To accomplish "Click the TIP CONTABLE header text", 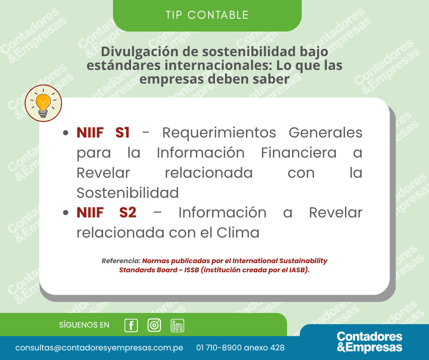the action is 207,15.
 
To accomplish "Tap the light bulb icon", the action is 43,103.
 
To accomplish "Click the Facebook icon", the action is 131,325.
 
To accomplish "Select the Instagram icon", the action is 154,325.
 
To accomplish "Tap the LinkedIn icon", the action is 177,325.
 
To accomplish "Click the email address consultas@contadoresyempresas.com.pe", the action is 99,348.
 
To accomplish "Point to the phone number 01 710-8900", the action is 219,348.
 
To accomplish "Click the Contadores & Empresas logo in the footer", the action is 369,342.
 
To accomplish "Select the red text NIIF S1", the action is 103,132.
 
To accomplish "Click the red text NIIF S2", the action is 106,212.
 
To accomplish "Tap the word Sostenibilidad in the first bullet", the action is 127,193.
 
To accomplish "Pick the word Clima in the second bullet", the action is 238,233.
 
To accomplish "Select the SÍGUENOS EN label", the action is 84,325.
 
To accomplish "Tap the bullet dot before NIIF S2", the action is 65,213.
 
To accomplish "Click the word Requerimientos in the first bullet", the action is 219,133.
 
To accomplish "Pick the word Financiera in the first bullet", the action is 299,153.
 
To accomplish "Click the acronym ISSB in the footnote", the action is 192,270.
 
